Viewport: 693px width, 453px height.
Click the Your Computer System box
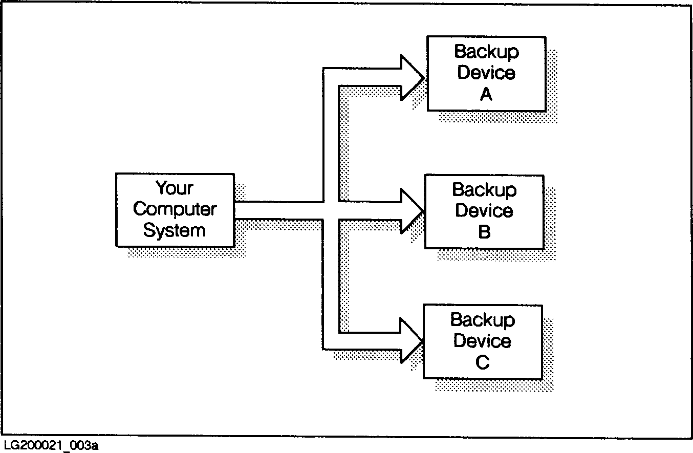pyautogui.click(x=175, y=210)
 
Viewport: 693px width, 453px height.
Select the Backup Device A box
pyautogui.click(x=486, y=73)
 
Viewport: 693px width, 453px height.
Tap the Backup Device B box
pyautogui.click(x=484, y=211)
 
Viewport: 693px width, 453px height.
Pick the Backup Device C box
pyautogui.click(x=483, y=341)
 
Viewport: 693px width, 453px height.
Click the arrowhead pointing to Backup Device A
pyautogui.click(x=411, y=78)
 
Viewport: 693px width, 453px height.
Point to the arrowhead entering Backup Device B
pyautogui.click(x=411, y=210)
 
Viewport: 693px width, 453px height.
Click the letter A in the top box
pyautogui.click(x=486, y=94)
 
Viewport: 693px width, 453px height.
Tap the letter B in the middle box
pyautogui.click(x=484, y=232)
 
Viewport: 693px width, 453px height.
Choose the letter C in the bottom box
pyautogui.click(x=482, y=362)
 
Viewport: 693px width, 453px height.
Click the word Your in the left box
pyautogui.click(x=175, y=188)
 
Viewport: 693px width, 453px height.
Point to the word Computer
pyautogui.click(x=175, y=209)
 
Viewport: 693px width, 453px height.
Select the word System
pyautogui.click(x=174, y=230)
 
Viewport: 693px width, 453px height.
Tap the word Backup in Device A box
pyautogui.click(x=486, y=52)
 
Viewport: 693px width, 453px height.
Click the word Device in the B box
pyautogui.click(x=484, y=211)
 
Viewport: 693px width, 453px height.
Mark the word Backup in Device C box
pyautogui.click(x=482, y=320)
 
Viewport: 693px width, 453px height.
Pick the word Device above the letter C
pyautogui.click(x=482, y=341)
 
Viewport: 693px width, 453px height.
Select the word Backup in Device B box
pyautogui.click(x=484, y=190)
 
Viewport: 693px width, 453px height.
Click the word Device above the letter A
pyautogui.click(x=486, y=73)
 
